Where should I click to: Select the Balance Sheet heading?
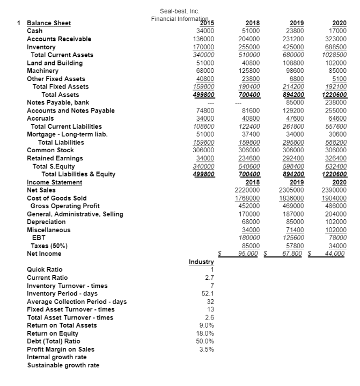[49, 23]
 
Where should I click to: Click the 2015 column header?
[206, 23]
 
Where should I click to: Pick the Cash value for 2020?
[338, 31]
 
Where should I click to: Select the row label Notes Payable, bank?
[58, 102]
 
